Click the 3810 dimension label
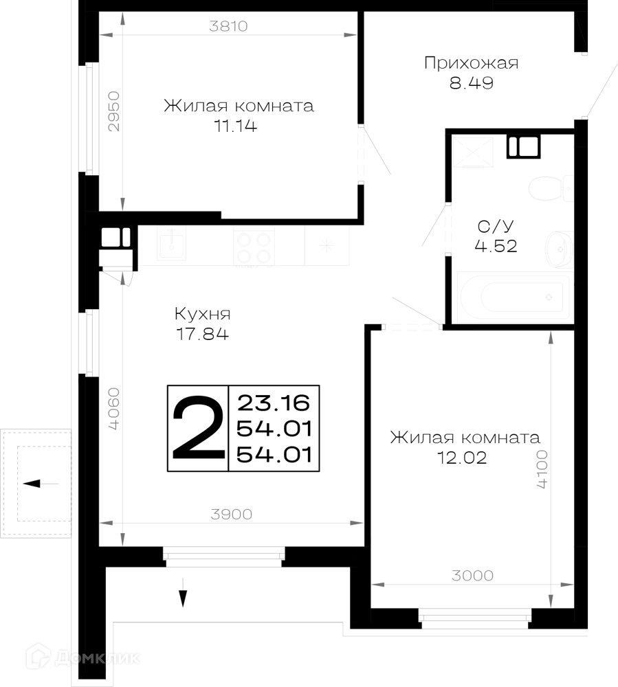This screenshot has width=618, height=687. [228, 26]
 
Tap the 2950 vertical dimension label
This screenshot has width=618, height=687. [113, 111]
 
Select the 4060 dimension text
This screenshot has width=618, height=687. [113, 408]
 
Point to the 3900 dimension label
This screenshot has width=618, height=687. [232, 514]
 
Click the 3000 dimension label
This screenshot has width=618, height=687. [472, 575]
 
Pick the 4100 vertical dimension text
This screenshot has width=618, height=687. [542, 469]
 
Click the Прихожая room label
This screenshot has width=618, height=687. [471, 63]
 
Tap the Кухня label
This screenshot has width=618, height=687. [202, 314]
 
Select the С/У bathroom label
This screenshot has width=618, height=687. [496, 227]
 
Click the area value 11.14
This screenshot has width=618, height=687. [235, 126]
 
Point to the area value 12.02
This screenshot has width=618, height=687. [462, 458]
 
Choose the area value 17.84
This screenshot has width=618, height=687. [202, 334]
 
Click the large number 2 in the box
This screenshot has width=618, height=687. [198, 427]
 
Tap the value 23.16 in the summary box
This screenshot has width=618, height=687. [274, 403]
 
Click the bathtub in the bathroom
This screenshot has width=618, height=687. [514, 297]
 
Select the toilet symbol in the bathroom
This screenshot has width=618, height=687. [551, 188]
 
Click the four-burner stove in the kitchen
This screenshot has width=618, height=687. [254, 247]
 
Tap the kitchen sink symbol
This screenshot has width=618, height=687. [171, 244]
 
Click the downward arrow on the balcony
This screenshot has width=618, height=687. [183, 592]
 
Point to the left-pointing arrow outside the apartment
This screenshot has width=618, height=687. [41, 484]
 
